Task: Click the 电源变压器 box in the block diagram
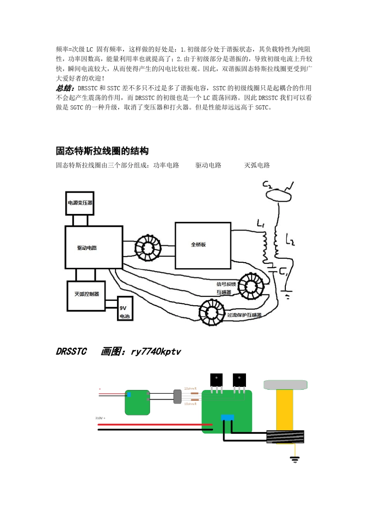80,203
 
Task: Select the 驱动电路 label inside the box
87,248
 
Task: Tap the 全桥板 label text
198,245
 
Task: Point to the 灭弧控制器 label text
86,294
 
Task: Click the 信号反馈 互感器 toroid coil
251,286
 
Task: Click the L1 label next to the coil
260,223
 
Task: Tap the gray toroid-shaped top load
285,385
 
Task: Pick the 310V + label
100,418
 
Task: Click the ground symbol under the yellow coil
295,460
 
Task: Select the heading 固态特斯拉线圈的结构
102,151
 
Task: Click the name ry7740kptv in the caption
156,352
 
